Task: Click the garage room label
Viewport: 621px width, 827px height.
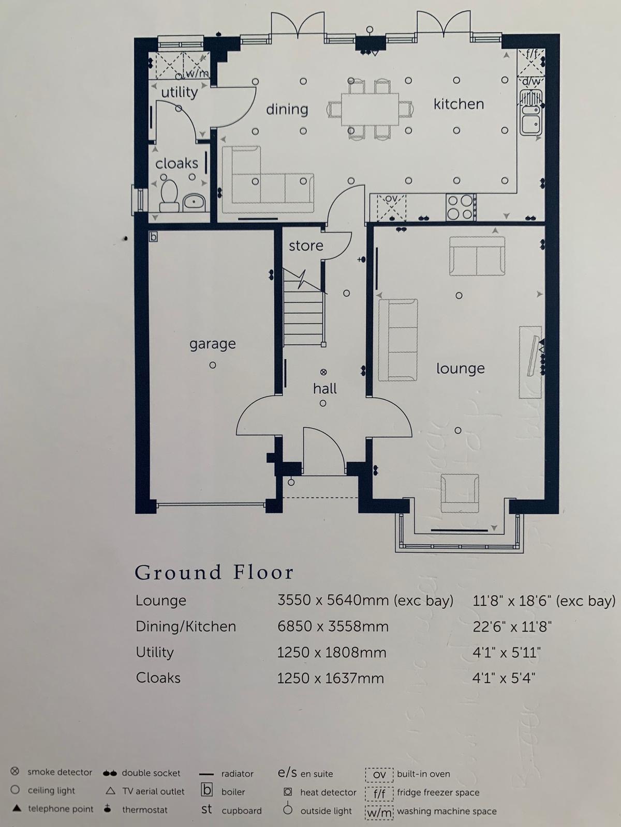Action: coord(212,344)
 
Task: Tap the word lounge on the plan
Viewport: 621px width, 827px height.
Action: coord(461,369)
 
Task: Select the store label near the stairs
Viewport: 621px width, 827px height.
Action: coord(306,246)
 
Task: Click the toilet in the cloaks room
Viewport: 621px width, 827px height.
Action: coord(169,195)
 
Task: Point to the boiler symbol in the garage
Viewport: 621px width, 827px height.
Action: coord(153,237)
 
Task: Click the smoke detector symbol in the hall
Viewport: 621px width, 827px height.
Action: coord(323,372)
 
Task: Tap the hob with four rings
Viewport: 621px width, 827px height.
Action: coord(461,207)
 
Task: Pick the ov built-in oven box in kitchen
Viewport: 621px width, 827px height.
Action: coord(391,207)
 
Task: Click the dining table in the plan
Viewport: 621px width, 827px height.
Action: coord(370,109)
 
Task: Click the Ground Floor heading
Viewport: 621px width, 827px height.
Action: coord(214,573)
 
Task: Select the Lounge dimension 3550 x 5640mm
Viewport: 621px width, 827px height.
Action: coord(333,600)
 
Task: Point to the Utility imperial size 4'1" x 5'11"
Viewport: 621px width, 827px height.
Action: coord(507,652)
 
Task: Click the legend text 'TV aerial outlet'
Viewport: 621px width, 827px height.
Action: coord(154,791)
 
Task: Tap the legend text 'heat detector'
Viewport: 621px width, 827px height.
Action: coord(328,792)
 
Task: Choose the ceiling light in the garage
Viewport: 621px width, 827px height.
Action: coord(213,365)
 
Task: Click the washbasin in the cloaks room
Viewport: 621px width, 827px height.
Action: coord(194,203)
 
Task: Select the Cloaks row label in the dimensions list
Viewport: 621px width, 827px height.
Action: coord(158,678)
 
